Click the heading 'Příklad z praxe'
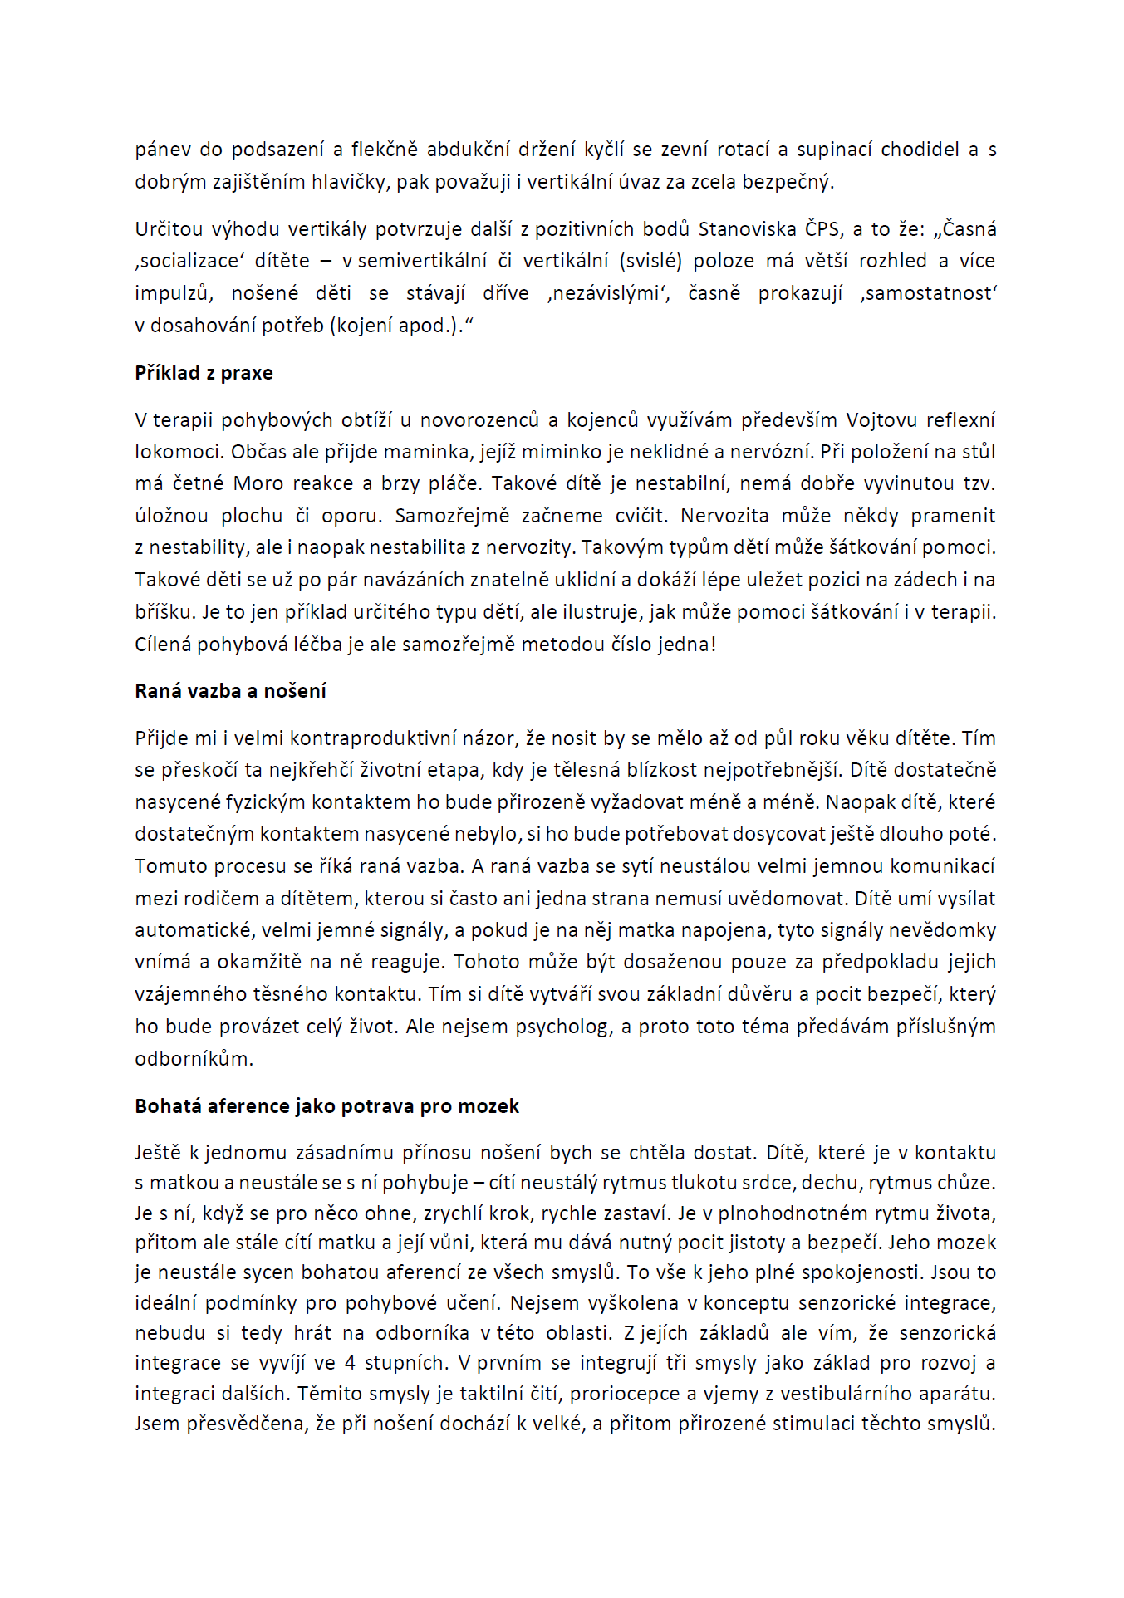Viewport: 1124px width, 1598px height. [x=204, y=373]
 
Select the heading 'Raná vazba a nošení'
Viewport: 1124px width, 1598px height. [x=230, y=691]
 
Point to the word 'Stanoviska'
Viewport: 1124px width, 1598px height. [x=747, y=229]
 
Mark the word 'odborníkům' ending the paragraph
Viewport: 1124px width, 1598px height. [x=194, y=1059]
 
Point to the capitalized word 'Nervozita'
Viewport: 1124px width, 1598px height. [x=724, y=516]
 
